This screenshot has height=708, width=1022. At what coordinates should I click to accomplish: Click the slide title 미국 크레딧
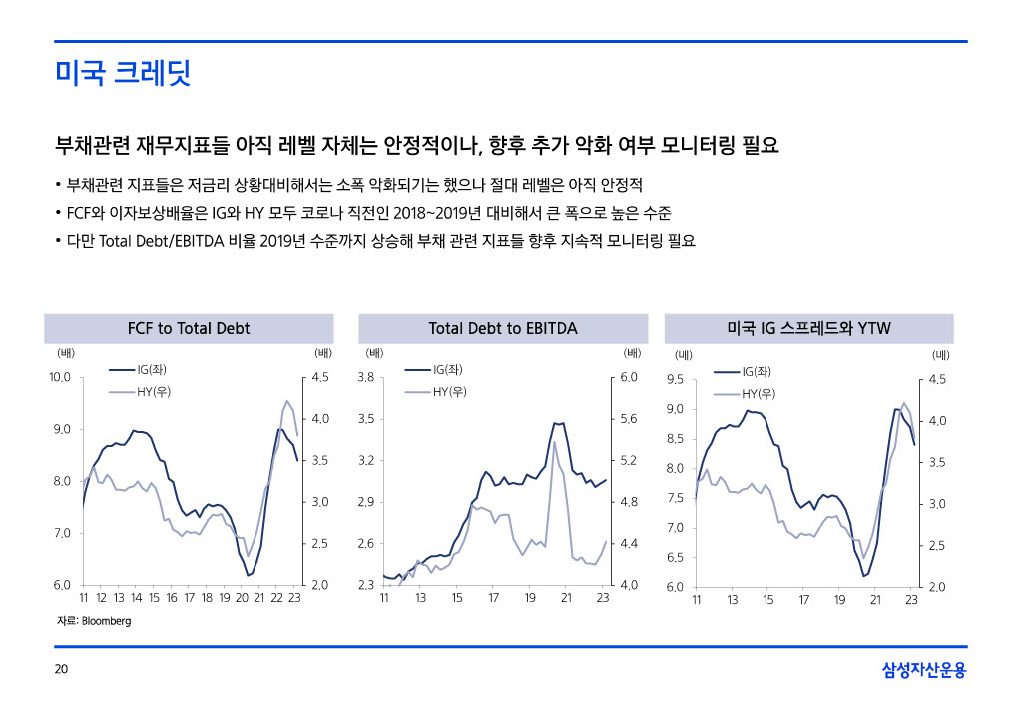pos(123,73)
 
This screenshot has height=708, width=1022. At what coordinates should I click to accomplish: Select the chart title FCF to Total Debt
pos(189,328)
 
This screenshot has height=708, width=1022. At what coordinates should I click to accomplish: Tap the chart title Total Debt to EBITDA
pos(502,328)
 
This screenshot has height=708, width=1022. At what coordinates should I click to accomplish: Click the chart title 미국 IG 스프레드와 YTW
pos(808,328)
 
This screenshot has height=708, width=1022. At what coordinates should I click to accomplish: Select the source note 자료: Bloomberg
pos(94,621)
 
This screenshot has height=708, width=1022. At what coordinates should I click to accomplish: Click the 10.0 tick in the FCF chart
pos(60,378)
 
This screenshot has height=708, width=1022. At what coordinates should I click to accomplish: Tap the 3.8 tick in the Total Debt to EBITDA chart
pos(365,378)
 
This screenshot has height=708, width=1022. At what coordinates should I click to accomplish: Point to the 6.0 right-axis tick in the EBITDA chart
pos(628,378)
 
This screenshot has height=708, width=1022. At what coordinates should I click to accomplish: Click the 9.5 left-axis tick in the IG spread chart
pos(675,379)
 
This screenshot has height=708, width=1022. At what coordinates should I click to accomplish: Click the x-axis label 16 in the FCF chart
pos(172,599)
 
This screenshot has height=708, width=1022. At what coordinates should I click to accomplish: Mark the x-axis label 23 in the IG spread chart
pos(911,600)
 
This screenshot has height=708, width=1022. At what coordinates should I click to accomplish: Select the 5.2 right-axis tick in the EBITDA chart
pos(628,461)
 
